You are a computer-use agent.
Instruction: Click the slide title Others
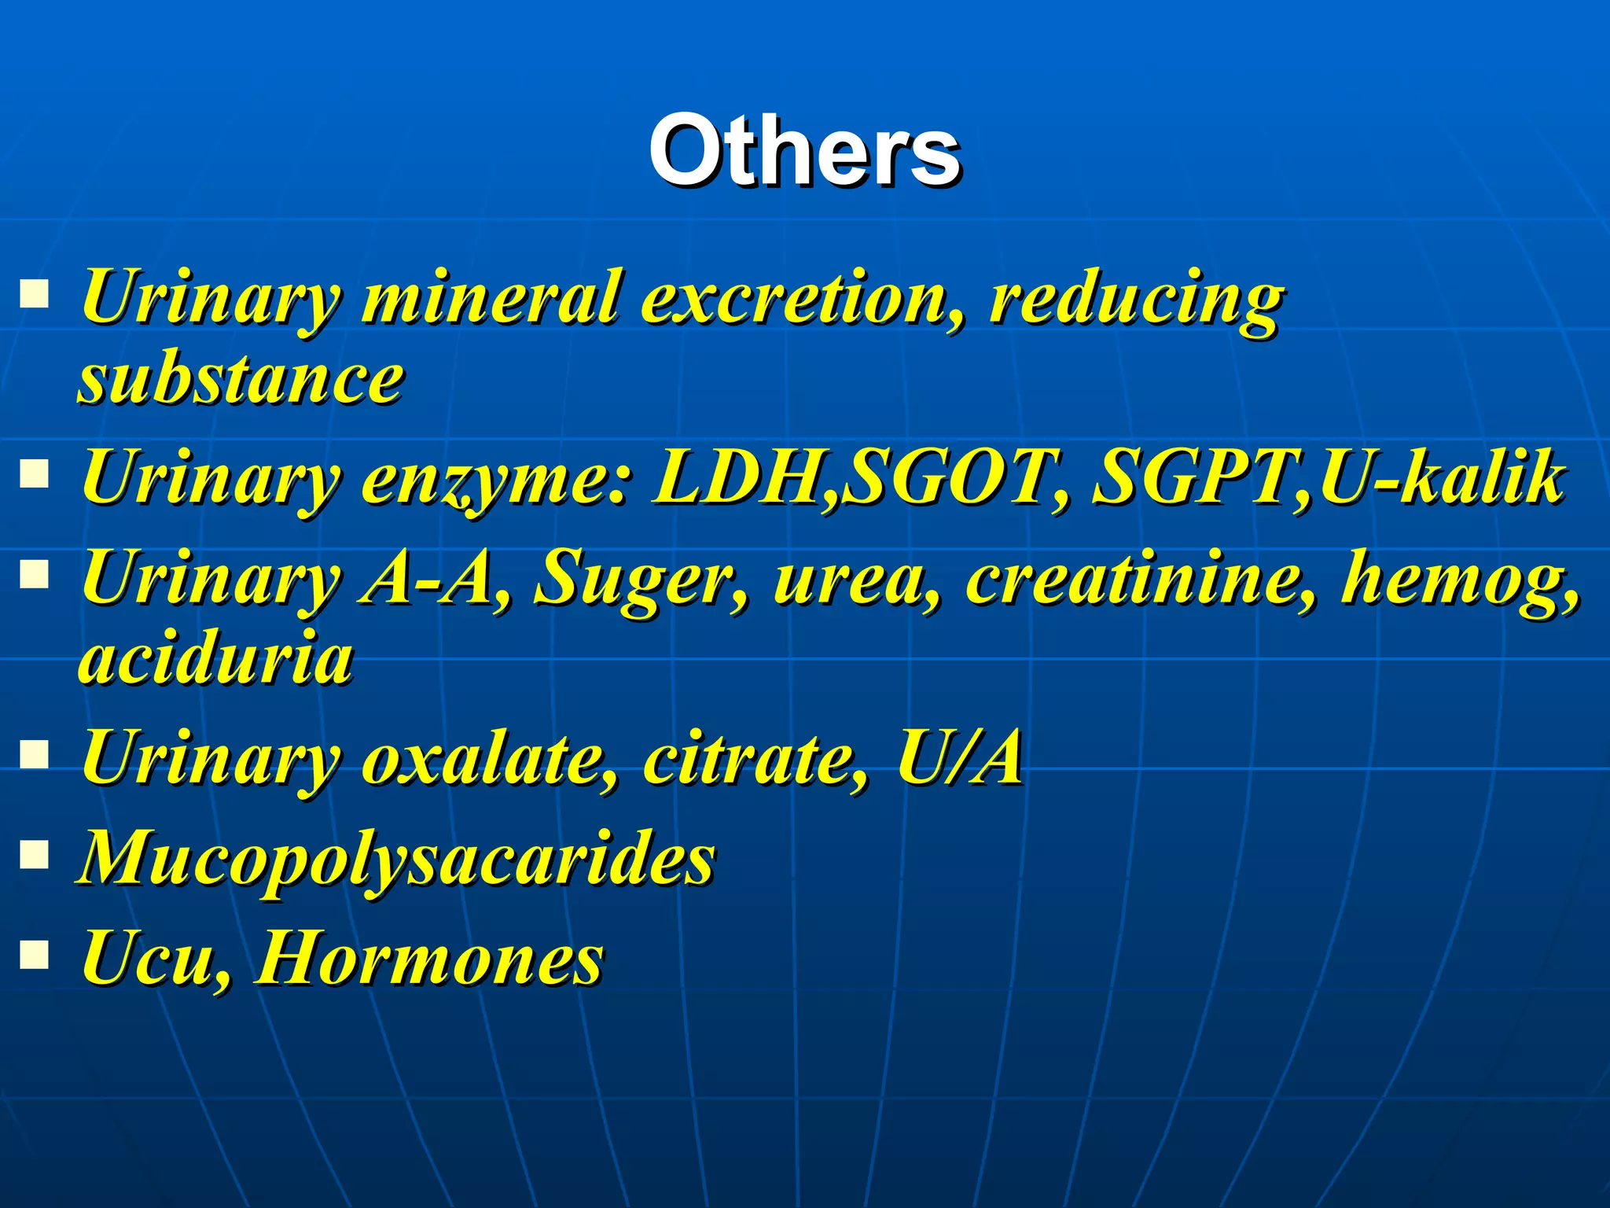804,149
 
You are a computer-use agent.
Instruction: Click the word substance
241,379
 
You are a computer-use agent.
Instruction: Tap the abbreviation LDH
743,477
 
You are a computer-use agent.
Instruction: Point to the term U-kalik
1443,477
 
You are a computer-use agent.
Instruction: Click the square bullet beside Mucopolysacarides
35,853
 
